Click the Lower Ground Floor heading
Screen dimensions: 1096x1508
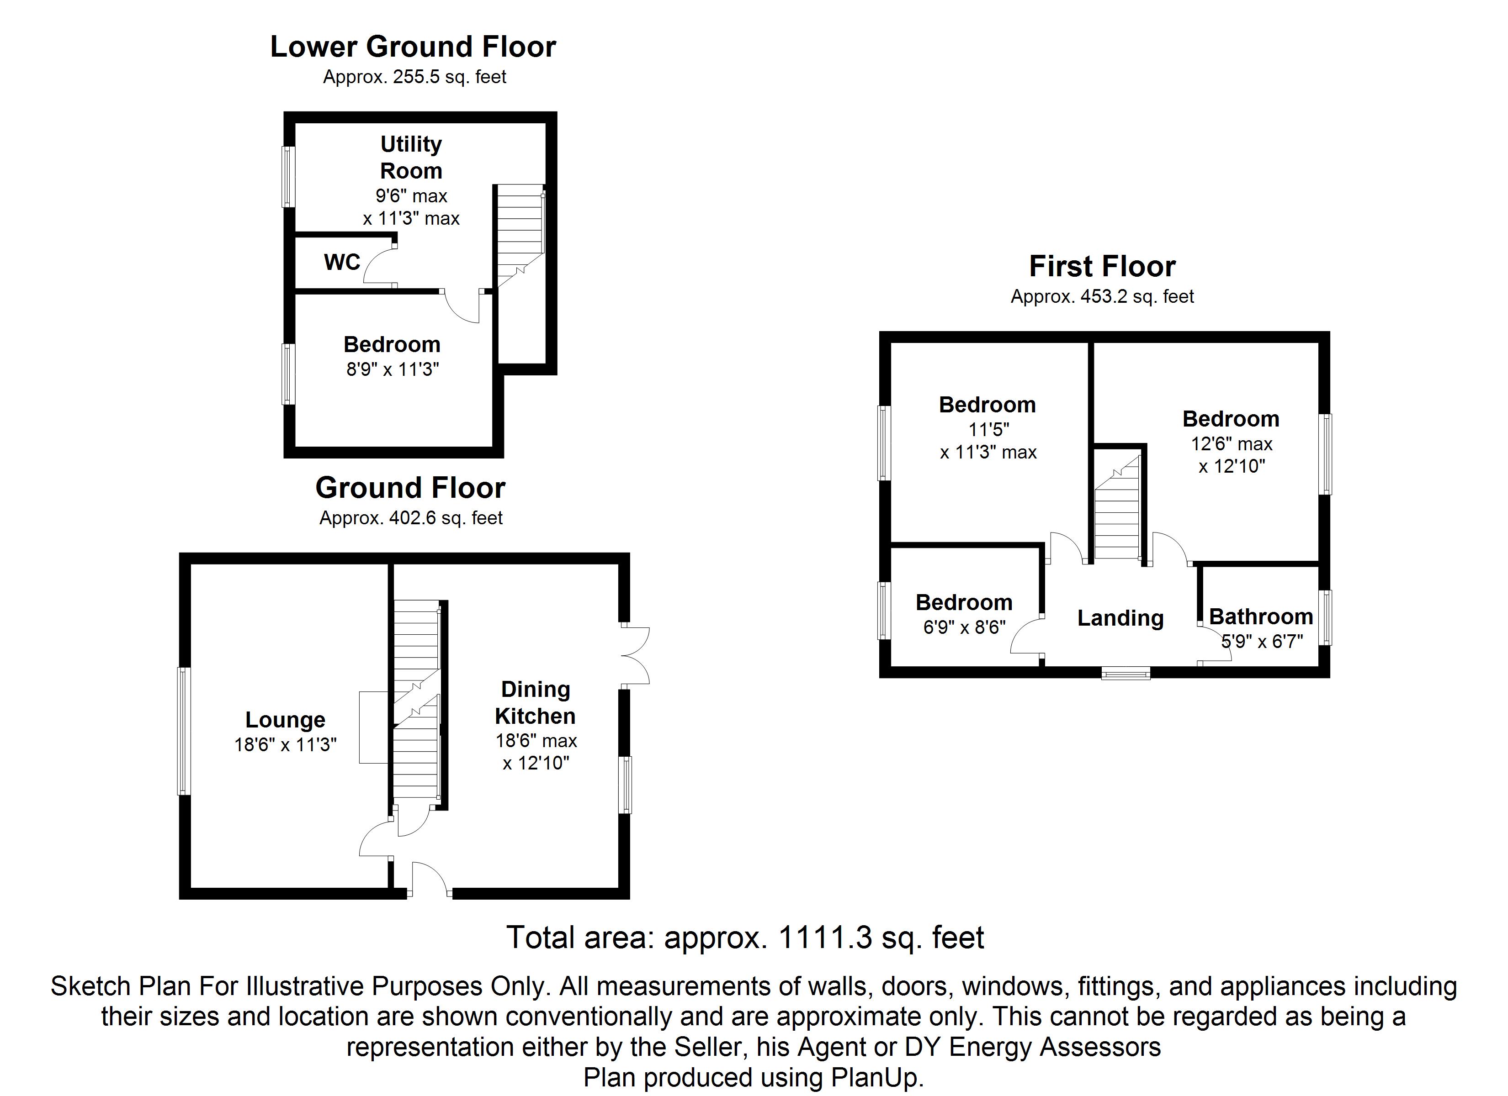coord(413,47)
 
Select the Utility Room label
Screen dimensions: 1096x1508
coord(411,158)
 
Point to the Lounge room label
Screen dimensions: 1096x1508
coord(285,720)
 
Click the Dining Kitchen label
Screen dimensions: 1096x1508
coord(535,702)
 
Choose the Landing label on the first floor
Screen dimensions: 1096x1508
coord(1120,618)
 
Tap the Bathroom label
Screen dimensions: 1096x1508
coord(1261,617)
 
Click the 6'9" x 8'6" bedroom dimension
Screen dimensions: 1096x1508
coord(964,627)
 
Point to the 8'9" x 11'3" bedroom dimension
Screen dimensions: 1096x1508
coord(392,369)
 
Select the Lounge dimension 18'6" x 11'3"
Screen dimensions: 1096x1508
coord(285,744)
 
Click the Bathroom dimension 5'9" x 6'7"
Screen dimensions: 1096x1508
coord(1262,641)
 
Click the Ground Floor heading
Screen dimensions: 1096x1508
coord(410,488)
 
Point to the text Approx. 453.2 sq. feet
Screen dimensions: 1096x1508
coord(1102,296)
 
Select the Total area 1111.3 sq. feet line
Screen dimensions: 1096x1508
coord(745,938)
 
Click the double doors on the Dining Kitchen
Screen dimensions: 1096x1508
coord(635,655)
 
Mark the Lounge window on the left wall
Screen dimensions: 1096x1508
coord(184,731)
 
